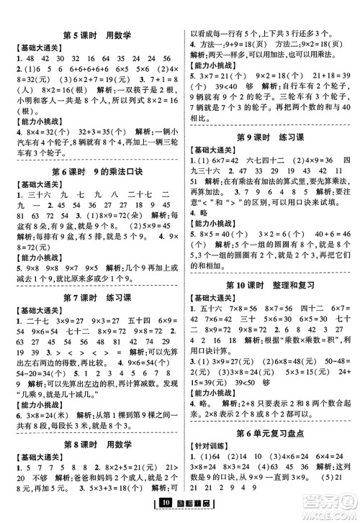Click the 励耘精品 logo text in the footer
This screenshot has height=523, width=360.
tap(186, 512)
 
